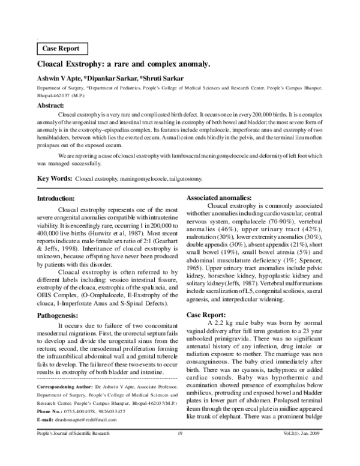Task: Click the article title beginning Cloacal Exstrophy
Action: pos(124,65)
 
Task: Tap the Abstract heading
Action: pos(55,104)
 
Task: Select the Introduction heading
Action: pos(60,199)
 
